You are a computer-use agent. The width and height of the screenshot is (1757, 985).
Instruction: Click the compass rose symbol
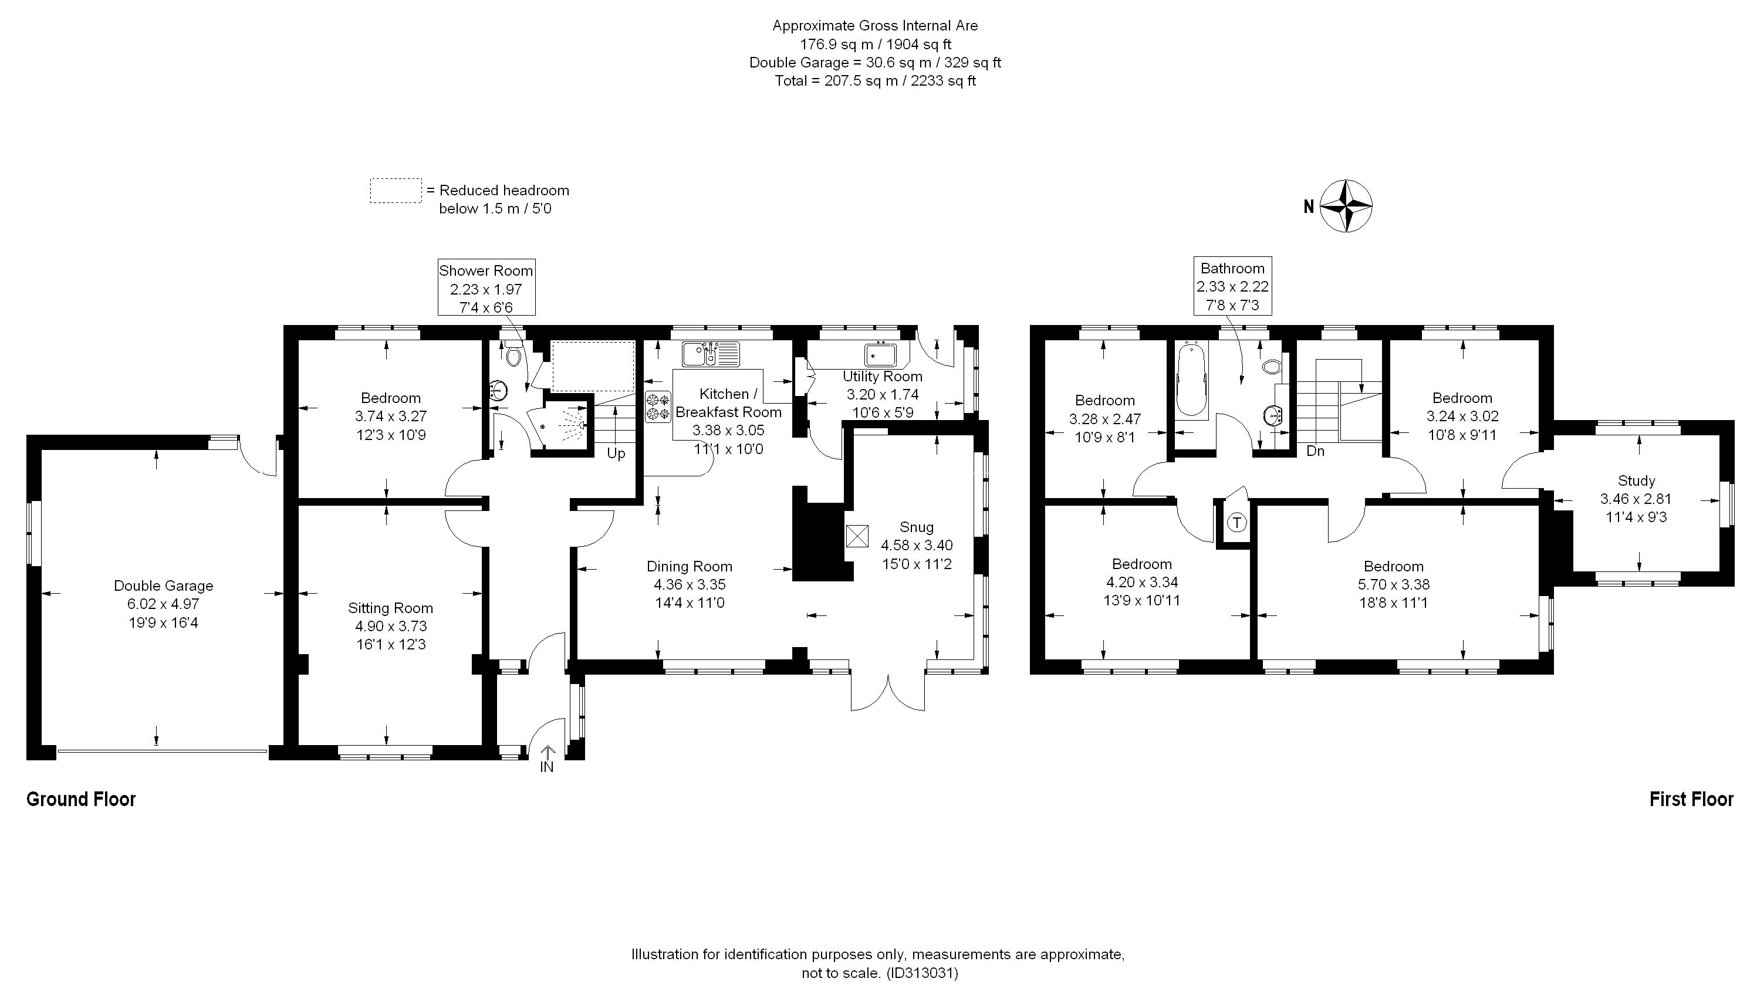[1346, 205]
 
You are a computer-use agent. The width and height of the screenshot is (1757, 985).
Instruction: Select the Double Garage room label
[163, 585]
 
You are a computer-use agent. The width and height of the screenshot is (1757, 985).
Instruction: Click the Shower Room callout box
[486, 287]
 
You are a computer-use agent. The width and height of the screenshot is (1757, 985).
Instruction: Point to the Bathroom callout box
[1232, 286]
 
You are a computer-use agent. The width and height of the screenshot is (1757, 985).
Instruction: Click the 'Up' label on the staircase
[616, 453]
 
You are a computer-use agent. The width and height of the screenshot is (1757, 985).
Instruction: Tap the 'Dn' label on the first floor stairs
[1315, 451]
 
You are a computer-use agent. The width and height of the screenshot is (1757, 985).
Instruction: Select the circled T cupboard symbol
[1236, 523]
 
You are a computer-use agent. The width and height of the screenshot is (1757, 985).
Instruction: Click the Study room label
[1636, 480]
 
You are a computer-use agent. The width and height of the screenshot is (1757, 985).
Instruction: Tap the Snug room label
[916, 527]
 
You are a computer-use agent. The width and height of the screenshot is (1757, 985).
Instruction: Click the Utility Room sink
[882, 355]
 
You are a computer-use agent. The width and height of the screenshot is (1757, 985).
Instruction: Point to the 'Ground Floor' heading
[81, 799]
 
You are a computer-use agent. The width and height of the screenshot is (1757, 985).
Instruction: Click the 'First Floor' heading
[1691, 799]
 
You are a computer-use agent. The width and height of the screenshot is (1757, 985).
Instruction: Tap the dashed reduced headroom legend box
[396, 191]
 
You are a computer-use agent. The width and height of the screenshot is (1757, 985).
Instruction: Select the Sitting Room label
[390, 608]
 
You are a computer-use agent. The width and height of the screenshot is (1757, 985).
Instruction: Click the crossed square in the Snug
[857, 536]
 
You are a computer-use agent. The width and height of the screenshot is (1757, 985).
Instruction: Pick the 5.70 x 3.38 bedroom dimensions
[1393, 584]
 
